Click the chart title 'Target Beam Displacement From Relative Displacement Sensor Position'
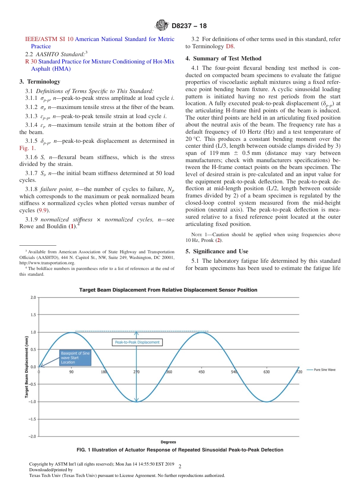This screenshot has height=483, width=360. pos(168,290)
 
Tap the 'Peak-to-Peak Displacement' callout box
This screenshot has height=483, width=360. pos(137,342)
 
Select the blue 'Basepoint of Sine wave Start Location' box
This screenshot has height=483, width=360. pos(75,358)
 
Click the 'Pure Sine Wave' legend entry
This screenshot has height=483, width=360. pos(321,369)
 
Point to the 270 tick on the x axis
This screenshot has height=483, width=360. pos(136,372)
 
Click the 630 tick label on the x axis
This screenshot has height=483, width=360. pos(266,372)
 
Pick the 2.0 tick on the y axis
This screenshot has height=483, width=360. pos(33,297)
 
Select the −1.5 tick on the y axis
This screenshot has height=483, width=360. pos(32,419)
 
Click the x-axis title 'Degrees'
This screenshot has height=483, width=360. pos(168,442)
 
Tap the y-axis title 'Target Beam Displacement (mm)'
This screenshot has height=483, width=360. pos(27,367)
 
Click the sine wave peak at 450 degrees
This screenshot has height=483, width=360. pos(202,332)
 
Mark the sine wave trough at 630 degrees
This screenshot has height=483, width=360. pos(267,401)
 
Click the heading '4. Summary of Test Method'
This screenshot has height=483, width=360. pos(223,58)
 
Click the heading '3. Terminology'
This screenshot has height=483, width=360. pos(39,81)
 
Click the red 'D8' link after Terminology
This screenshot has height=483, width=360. pos(230,46)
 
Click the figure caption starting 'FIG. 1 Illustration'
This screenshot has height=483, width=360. pos(180,450)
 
